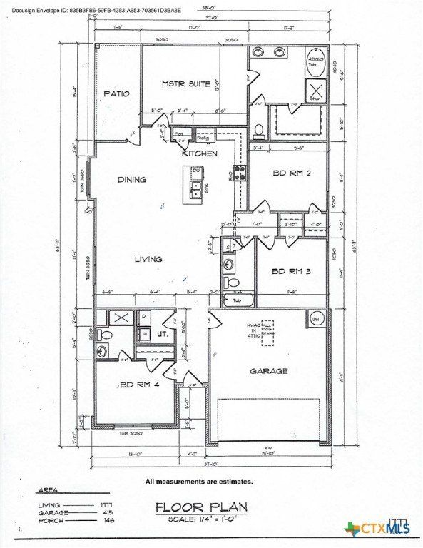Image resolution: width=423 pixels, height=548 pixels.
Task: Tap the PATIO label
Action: [116, 93]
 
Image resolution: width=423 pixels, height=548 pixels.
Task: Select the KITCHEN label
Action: [194, 153]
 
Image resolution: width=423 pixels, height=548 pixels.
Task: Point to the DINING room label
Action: [131, 180]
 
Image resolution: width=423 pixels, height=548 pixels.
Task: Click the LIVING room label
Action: [148, 259]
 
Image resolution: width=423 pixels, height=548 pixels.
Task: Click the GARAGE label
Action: [268, 371]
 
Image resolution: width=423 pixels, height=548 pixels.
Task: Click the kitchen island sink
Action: [194, 189]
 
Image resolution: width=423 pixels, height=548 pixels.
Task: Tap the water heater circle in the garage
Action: [315, 319]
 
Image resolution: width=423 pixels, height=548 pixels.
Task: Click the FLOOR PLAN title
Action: [201, 507]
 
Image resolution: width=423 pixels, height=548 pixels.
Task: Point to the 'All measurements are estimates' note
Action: [199, 481]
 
